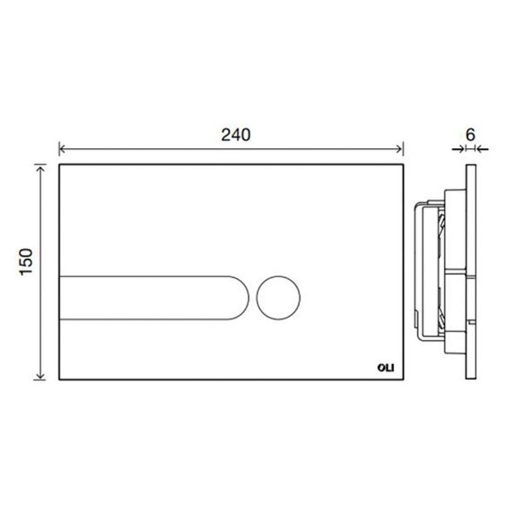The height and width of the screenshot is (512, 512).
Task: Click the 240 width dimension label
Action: [236, 134]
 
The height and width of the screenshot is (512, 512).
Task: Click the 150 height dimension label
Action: [27, 262]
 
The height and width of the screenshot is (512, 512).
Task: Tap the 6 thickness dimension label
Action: [470, 134]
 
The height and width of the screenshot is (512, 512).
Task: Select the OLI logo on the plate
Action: [386, 367]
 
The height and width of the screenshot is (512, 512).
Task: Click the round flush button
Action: [278, 298]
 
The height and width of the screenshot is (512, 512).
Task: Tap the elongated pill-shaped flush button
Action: [154, 298]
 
